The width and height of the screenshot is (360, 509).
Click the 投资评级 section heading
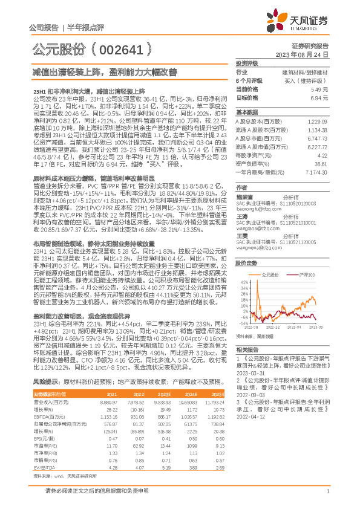[247, 63]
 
